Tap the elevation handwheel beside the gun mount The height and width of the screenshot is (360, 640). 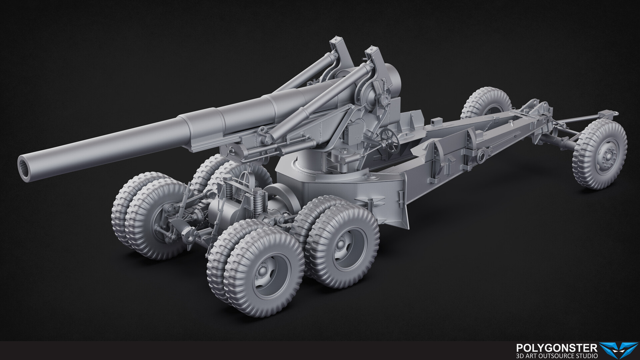pos(390,141)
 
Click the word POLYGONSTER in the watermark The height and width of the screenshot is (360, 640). pos(556,348)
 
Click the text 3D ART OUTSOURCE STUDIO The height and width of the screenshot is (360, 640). pos(556,356)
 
